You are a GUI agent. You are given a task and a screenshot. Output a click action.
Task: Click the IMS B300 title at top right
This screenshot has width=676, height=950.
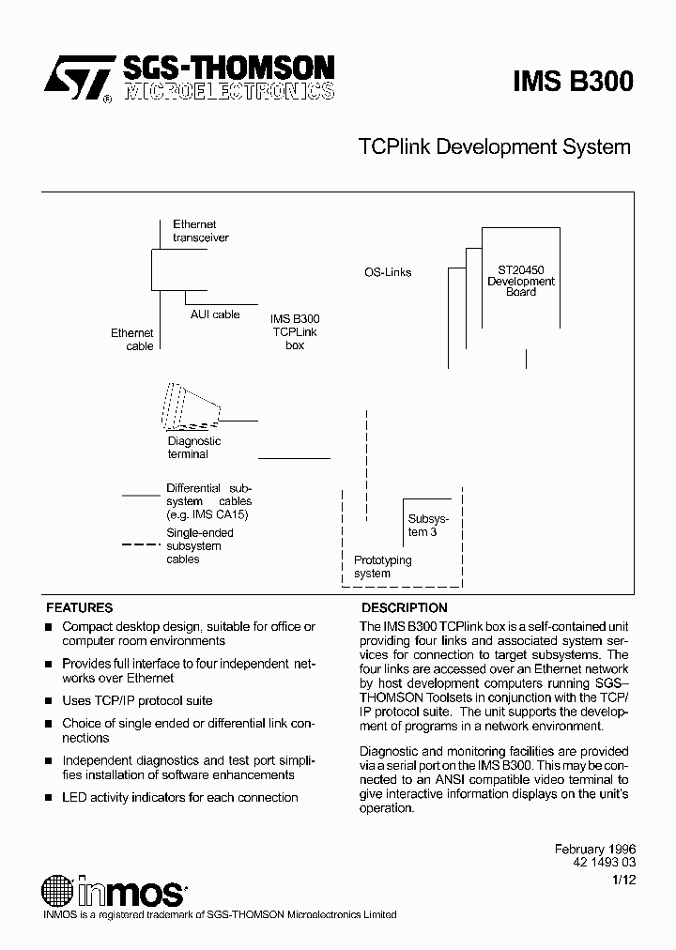click(573, 82)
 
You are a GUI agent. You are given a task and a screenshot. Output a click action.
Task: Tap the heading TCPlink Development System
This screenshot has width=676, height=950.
click(495, 147)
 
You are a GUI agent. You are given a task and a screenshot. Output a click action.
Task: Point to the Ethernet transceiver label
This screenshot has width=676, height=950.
click(200, 231)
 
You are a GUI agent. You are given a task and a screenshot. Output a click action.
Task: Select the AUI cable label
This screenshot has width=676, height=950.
click(215, 314)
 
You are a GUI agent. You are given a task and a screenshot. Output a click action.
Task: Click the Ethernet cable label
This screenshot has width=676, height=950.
click(132, 339)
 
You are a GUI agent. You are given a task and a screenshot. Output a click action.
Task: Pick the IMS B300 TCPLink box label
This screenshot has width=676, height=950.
click(295, 332)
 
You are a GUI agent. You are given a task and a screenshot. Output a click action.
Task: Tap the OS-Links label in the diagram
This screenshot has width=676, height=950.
click(388, 272)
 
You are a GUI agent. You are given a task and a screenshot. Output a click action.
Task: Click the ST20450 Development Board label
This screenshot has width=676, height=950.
click(521, 281)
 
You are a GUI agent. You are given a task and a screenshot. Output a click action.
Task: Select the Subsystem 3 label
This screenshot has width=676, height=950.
click(428, 525)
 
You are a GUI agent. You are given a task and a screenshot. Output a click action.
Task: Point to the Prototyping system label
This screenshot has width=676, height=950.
click(382, 566)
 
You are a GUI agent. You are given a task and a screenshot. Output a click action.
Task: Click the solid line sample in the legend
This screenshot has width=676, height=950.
click(141, 494)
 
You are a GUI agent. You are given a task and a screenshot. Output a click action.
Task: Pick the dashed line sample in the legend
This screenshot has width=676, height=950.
click(140, 545)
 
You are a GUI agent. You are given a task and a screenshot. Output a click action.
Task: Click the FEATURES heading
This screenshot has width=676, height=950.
click(80, 607)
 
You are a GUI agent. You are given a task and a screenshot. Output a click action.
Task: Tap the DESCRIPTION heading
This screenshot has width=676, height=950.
click(405, 607)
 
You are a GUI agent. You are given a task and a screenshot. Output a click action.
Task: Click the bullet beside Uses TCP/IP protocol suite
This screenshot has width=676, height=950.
click(49, 701)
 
